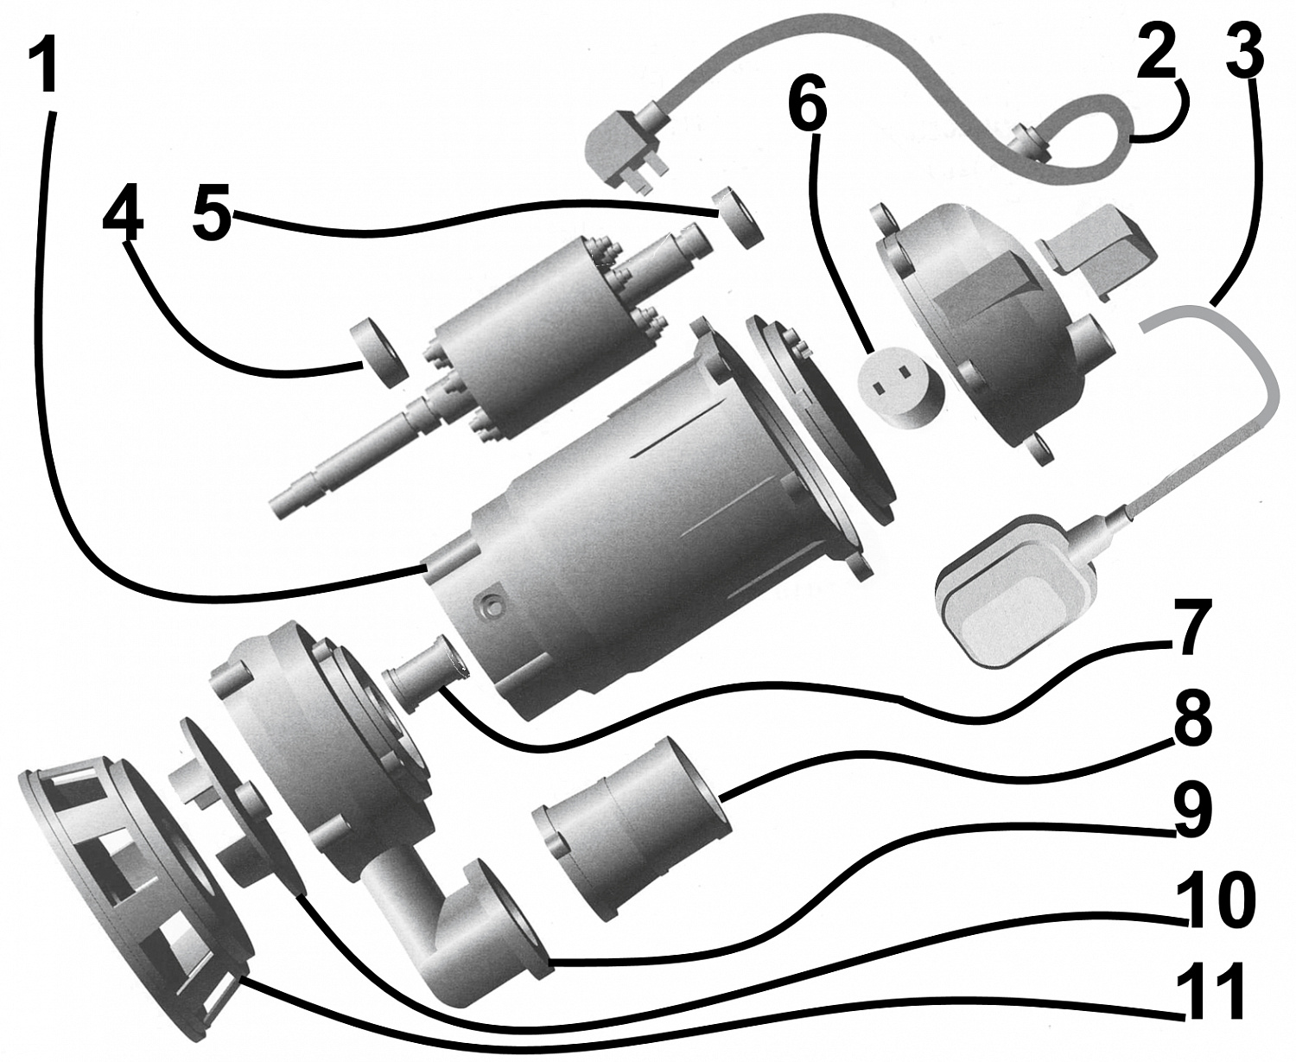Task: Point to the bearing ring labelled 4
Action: pos(378,350)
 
